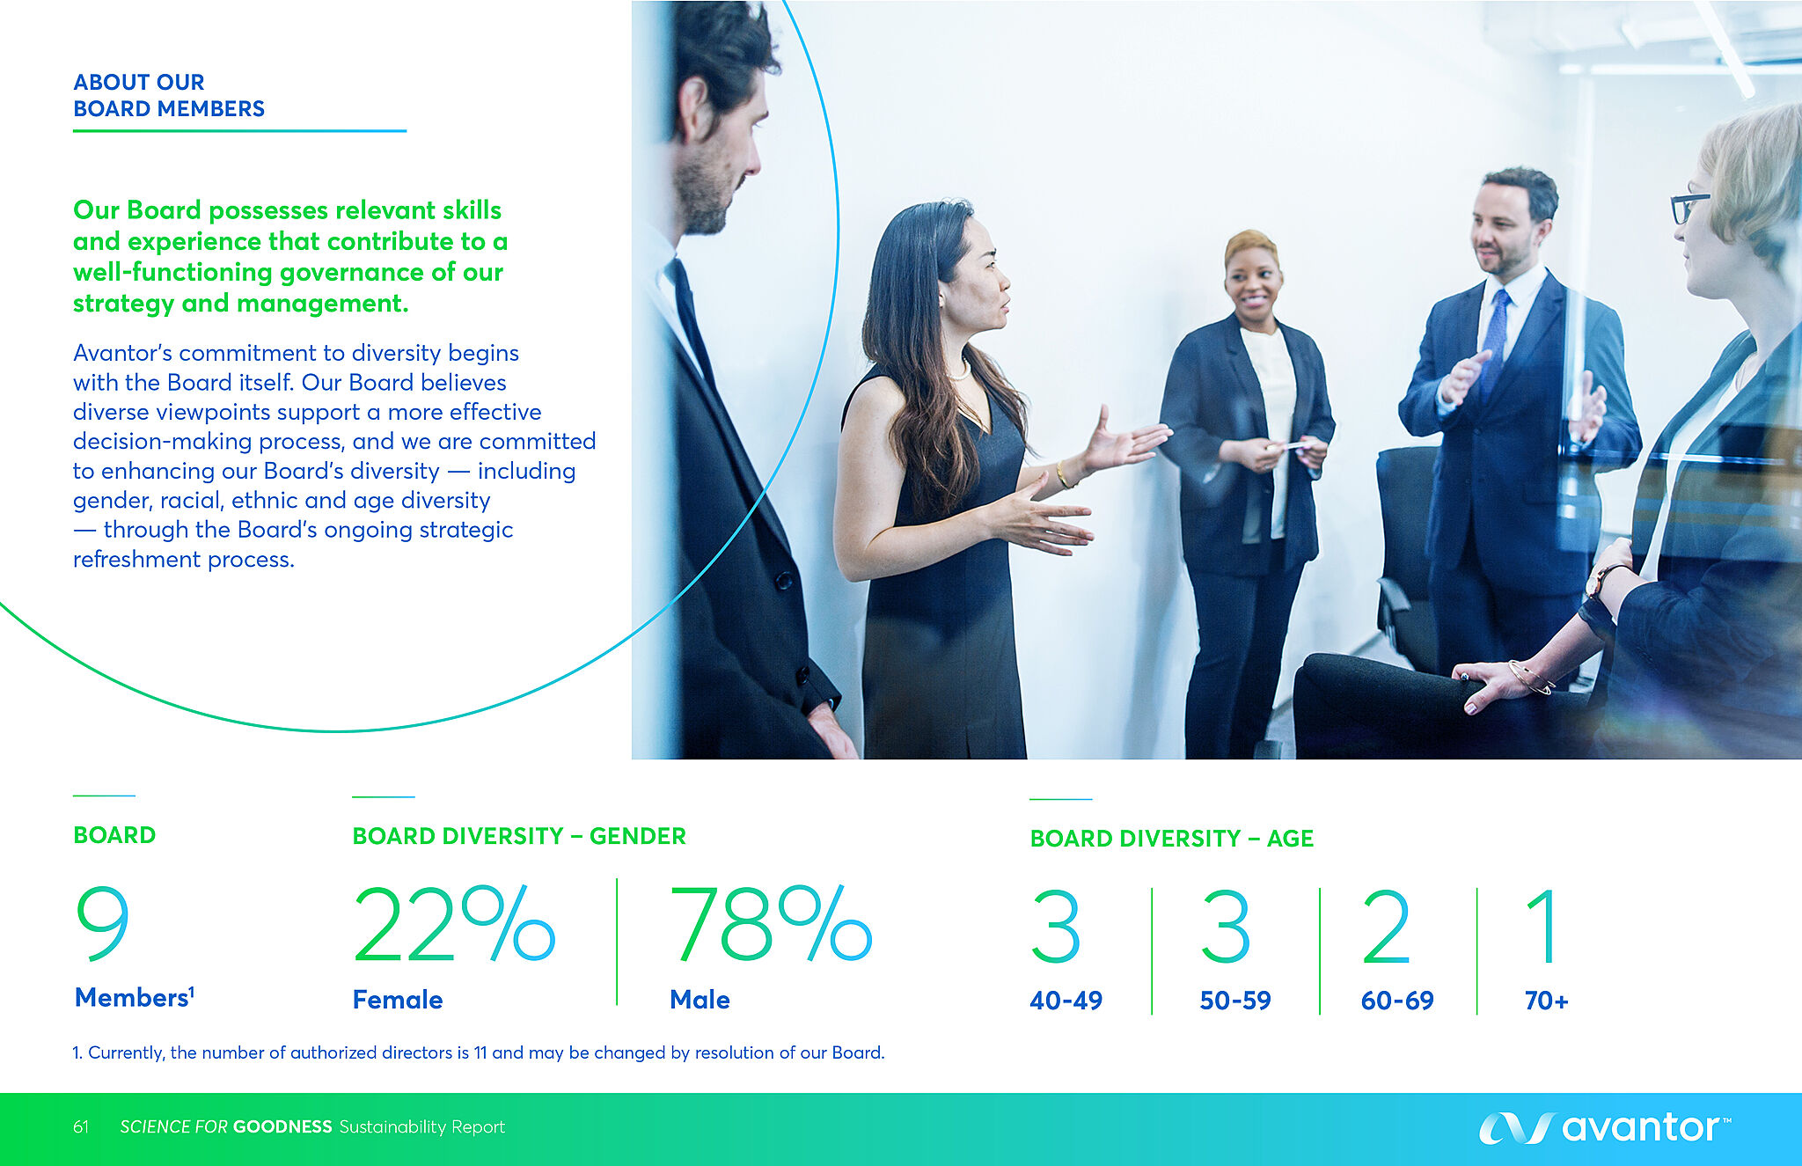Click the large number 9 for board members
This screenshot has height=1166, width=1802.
coord(103,923)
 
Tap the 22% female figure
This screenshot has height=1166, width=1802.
coord(454,924)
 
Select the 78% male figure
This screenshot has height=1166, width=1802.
coord(771,924)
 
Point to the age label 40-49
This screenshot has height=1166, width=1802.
coord(1066,1001)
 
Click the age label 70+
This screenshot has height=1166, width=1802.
coord(1546,1001)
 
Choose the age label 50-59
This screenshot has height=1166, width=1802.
coord(1235,1001)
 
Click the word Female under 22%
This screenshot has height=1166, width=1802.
coord(398,1000)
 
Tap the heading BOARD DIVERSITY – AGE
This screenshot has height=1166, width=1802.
coord(1172,839)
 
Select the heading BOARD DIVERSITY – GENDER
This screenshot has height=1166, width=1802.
coord(519,836)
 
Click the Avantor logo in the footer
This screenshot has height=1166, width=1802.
coord(1605,1127)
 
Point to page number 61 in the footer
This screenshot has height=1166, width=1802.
coord(81,1127)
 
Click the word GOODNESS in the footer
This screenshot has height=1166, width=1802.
coord(282,1127)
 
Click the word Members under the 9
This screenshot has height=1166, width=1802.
coord(132,998)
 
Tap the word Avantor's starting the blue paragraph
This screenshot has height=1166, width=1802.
coord(121,353)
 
